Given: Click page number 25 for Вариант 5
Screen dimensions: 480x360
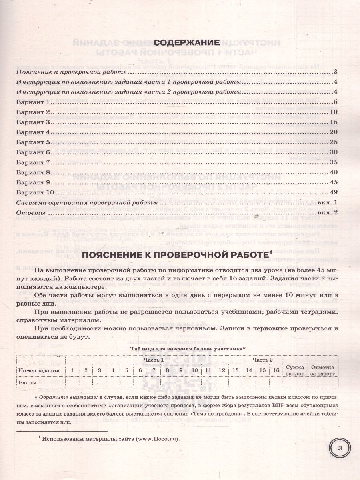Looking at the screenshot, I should pos(334,142).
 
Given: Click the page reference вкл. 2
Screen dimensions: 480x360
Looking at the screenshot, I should pos(328,213).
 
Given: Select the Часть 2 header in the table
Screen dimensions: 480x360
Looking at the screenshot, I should pos(262,360).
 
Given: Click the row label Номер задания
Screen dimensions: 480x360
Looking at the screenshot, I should pos(39,370).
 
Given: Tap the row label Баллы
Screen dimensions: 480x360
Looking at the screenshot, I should pos(28,382).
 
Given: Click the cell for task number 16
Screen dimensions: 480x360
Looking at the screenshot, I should pos(276,370).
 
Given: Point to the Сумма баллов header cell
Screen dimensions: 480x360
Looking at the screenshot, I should pos(295,370).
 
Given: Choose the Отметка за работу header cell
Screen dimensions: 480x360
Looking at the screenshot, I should pos(323,370).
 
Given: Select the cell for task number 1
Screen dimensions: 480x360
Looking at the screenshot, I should pos(72,370).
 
